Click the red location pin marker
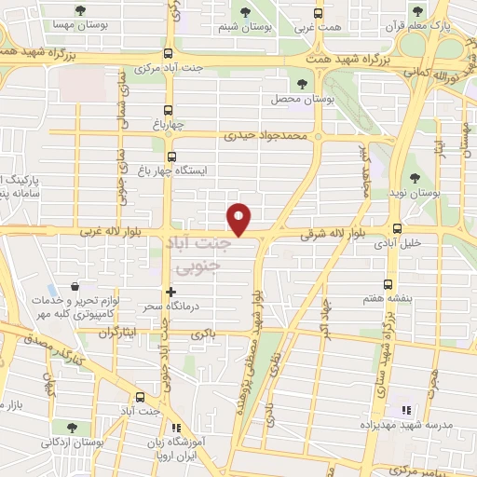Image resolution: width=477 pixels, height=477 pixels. pyautogui.click(x=240, y=218)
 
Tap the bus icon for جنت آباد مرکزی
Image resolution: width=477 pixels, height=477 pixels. pyautogui.click(x=168, y=53)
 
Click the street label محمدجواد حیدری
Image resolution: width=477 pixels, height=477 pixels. pyautogui.click(x=266, y=135)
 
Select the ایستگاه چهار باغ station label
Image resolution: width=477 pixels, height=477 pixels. pyautogui.click(x=209, y=171)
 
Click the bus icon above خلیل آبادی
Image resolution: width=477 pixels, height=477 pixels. pyautogui.click(x=398, y=227)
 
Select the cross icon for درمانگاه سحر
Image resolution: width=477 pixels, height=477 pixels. pyautogui.click(x=170, y=292)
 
